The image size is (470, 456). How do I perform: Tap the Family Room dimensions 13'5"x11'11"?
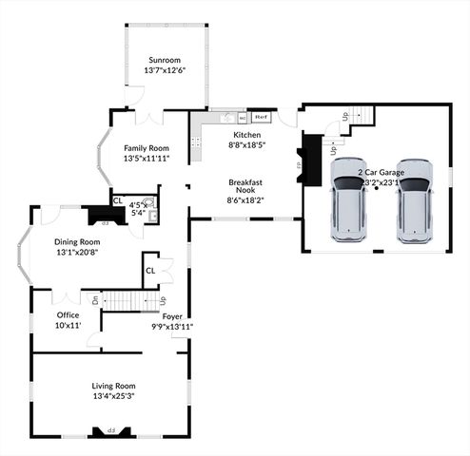click(x=146, y=159)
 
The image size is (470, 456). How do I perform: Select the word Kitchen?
click(x=246, y=135)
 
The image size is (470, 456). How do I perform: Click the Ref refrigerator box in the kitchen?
click(x=261, y=117)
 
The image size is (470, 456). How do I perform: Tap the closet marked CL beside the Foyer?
click(x=151, y=270)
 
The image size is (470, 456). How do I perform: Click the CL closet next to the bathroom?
click(x=118, y=200)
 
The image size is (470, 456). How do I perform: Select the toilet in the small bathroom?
click(x=151, y=214)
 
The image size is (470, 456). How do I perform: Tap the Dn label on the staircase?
click(x=95, y=300)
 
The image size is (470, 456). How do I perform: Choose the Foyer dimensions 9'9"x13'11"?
click(x=172, y=326)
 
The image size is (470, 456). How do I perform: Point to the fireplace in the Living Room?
click(x=110, y=431)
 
